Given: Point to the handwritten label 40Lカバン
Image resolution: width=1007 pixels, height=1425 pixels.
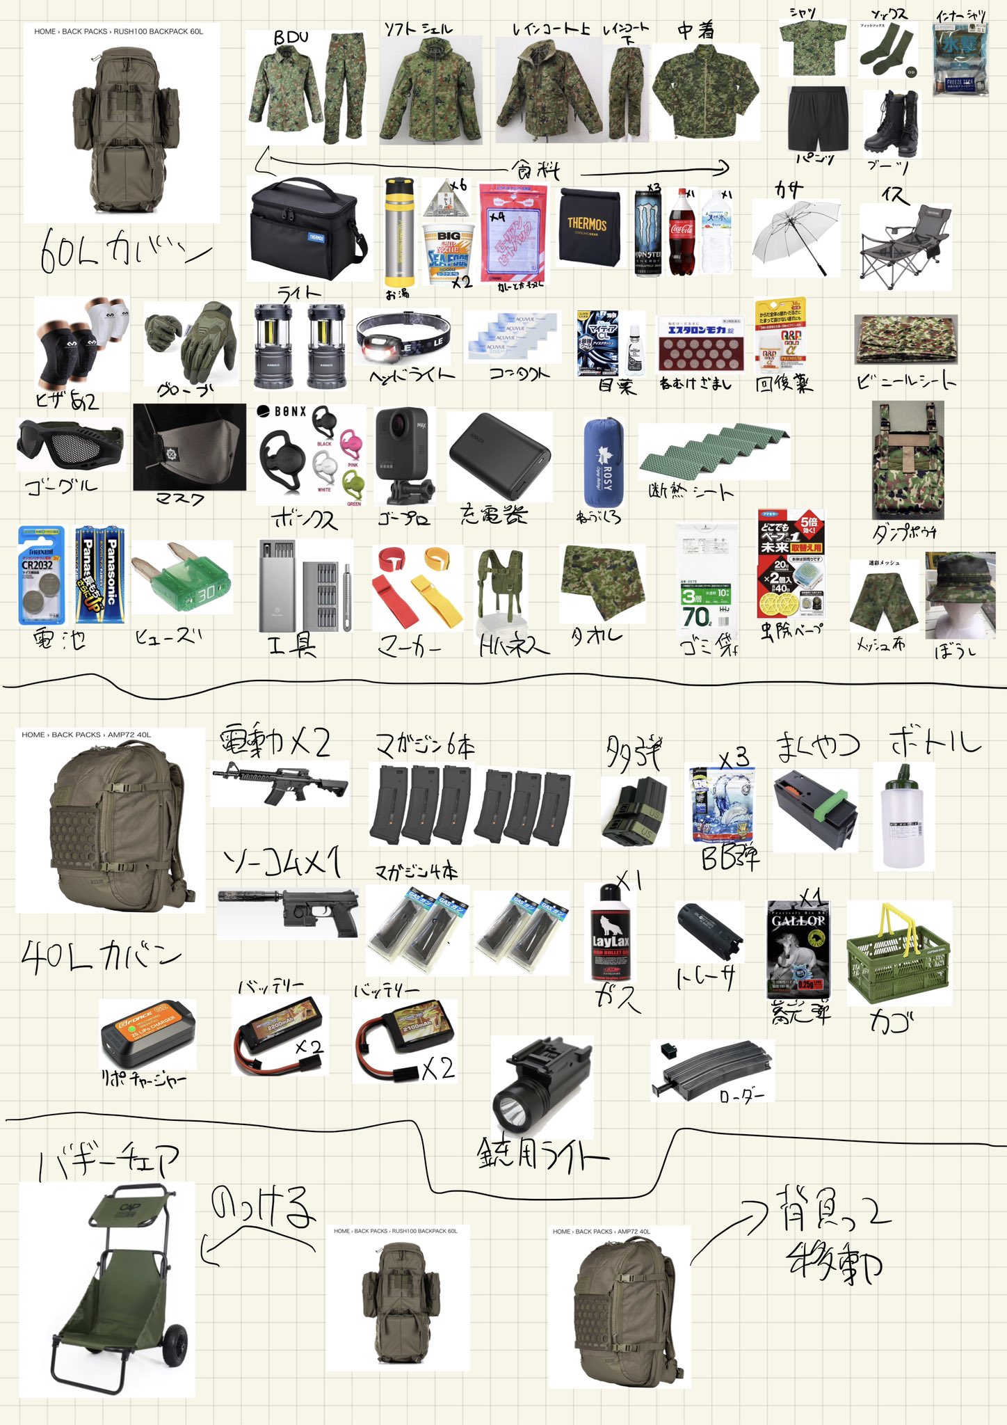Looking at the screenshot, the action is click(x=101, y=957).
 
